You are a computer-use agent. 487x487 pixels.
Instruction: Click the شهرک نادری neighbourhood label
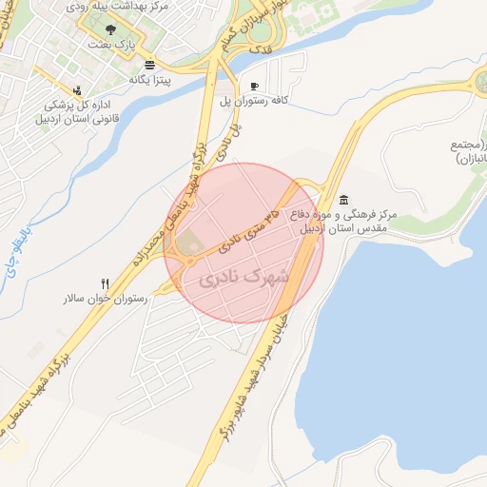pyautogui.click(x=243, y=280)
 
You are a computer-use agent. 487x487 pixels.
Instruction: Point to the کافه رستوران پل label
pyautogui.click(x=281, y=99)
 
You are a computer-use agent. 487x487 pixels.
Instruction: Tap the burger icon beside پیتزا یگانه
pyautogui.click(x=150, y=66)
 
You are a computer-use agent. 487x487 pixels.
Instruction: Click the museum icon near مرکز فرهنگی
pyautogui.click(x=342, y=198)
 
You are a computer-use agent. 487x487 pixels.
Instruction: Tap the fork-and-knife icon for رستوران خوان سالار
pyautogui.click(x=105, y=283)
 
